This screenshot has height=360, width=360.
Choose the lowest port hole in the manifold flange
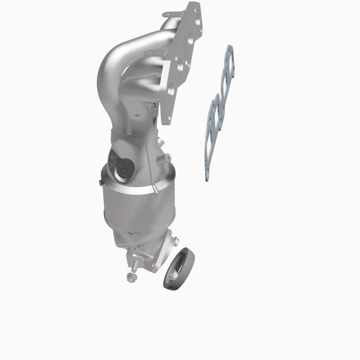point(170,91)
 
